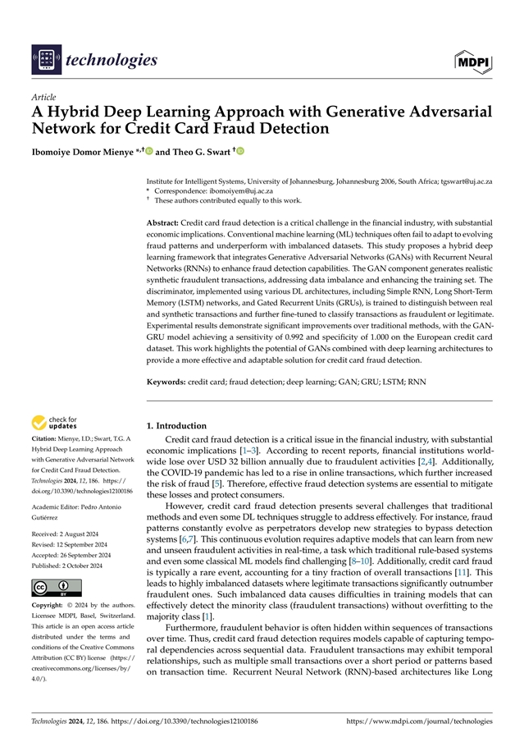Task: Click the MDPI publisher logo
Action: click(x=473, y=60)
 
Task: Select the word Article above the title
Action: click(x=43, y=96)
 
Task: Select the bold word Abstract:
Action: click(x=162, y=222)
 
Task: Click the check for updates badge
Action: click(x=54, y=424)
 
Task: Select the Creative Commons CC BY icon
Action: click(x=50, y=589)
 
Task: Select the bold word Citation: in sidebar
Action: click(x=45, y=440)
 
